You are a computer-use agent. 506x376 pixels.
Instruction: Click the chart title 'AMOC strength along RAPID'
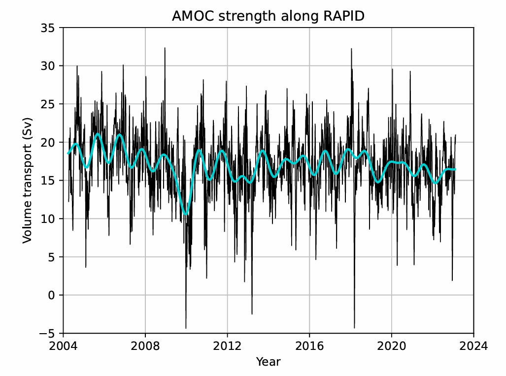coord(268,16)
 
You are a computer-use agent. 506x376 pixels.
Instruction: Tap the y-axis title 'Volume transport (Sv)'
coord(28,180)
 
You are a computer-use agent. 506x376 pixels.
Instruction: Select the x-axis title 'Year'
coord(268,362)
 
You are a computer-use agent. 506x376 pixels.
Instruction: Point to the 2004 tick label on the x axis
coord(63,346)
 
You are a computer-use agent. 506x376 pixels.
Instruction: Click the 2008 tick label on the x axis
coord(145,346)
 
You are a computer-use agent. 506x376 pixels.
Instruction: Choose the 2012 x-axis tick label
coord(227,346)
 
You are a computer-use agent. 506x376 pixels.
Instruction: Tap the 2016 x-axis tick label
coord(309,346)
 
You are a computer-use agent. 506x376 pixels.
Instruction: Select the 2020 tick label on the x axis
coord(392,346)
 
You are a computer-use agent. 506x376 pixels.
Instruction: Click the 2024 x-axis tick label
coord(473,346)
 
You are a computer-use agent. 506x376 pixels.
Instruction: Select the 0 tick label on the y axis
coord(53,295)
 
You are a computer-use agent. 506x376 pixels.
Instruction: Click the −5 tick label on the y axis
coord(50,334)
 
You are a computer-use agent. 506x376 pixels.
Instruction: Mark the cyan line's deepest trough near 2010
coord(186,214)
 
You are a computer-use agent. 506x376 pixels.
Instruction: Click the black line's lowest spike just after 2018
coord(354,328)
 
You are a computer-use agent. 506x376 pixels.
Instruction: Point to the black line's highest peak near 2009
coord(165,48)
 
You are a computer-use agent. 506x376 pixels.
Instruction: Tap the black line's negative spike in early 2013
coord(252,313)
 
